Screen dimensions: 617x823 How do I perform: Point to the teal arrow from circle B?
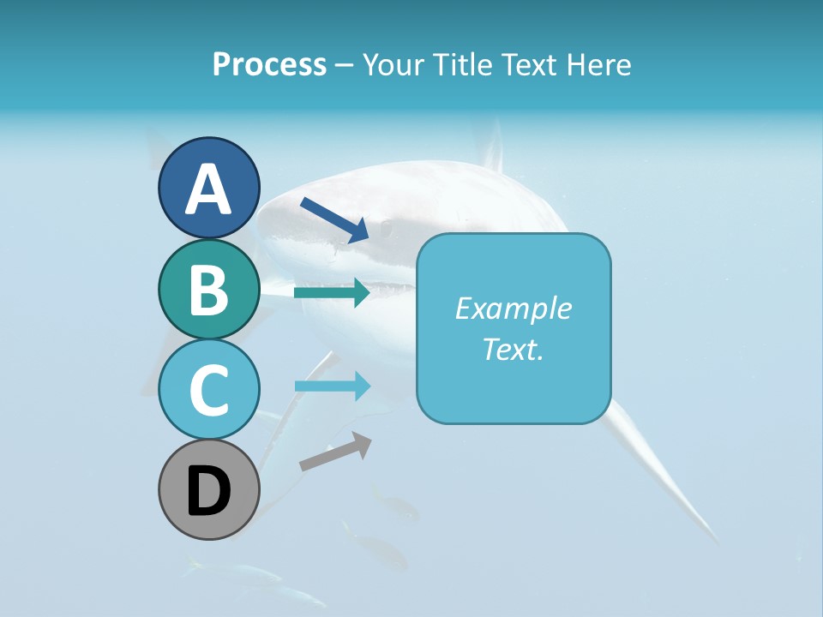pos(332,293)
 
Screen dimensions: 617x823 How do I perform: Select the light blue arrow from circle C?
pos(332,386)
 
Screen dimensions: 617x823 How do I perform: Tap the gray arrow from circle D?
pos(335,452)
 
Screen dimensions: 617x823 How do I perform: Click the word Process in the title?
pos(269,64)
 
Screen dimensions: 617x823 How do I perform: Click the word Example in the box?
pos(513,308)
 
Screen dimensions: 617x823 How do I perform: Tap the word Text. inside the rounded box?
pos(513,349)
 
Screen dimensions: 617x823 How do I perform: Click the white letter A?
pos(208,189)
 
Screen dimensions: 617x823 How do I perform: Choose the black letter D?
pos(208,491)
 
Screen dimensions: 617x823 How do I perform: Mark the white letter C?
pos(208,390)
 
